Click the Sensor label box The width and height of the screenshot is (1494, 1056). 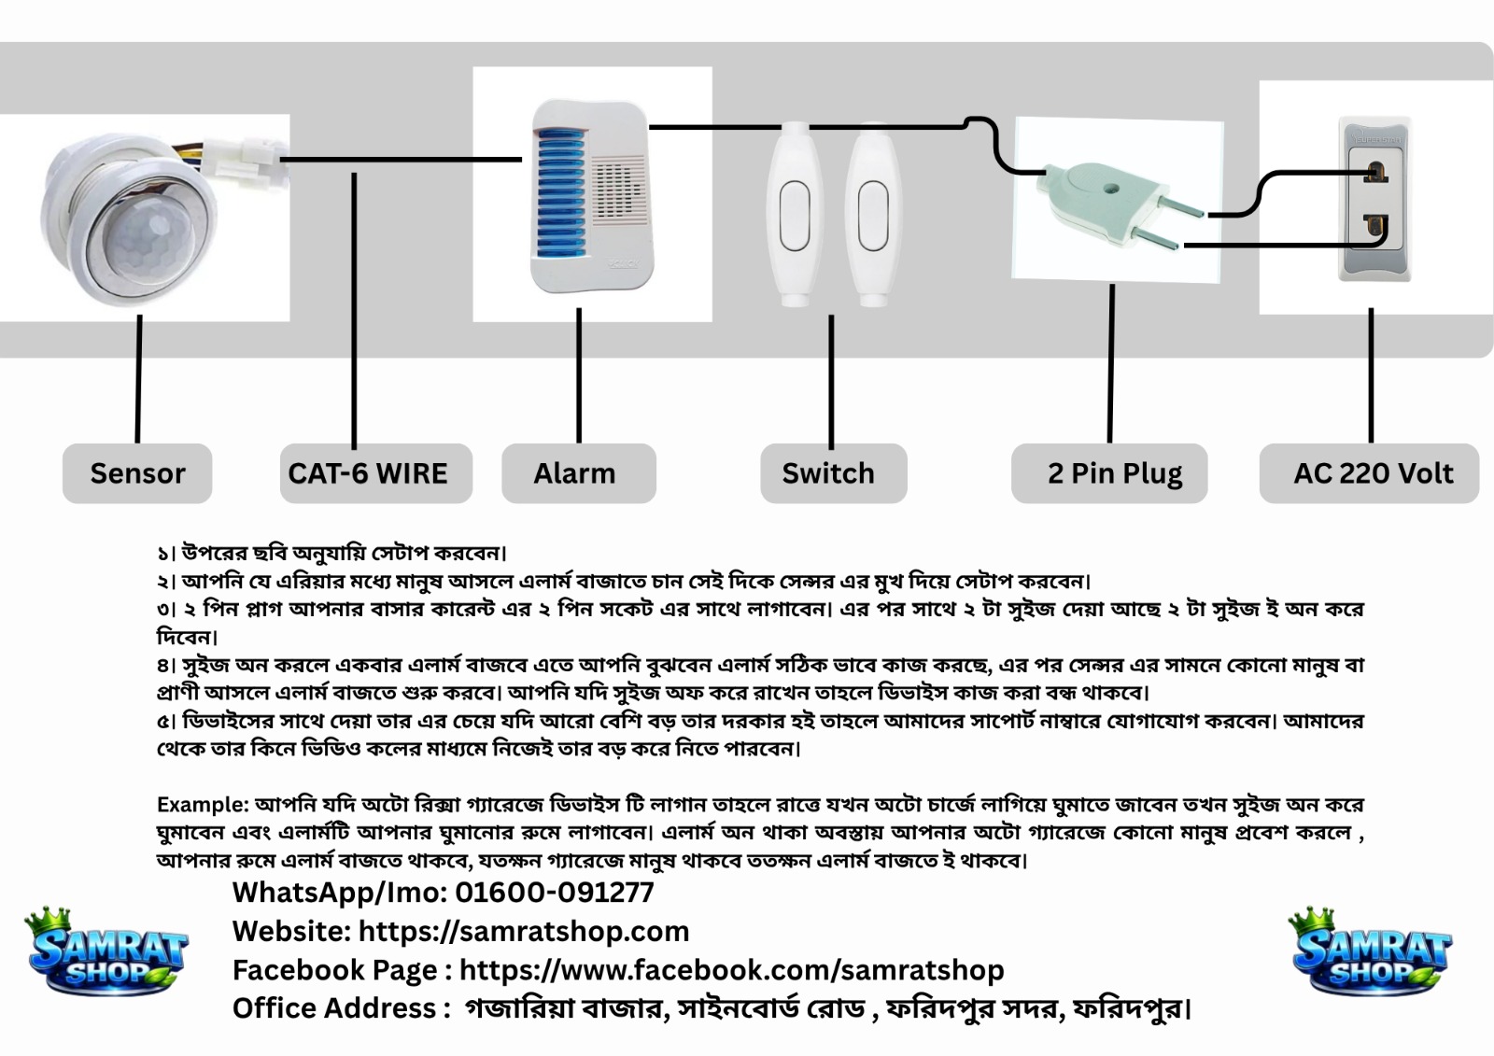tap(137, 473)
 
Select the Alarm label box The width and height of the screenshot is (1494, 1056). tap(579, 473)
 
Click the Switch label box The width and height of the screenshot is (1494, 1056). tap(834, 473)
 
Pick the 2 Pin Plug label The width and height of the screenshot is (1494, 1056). tap(1109, 473)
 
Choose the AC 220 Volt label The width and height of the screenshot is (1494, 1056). tap(1369, 473)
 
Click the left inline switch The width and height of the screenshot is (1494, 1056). tap(794, 214)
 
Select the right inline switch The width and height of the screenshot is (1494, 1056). tap(873, 214)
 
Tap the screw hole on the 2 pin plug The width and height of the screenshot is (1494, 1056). tap(1110, 189)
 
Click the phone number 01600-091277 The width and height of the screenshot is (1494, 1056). tap(555, 893)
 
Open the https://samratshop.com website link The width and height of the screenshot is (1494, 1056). tap(524, 931)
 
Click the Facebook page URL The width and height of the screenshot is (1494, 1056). tap(732, 970)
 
